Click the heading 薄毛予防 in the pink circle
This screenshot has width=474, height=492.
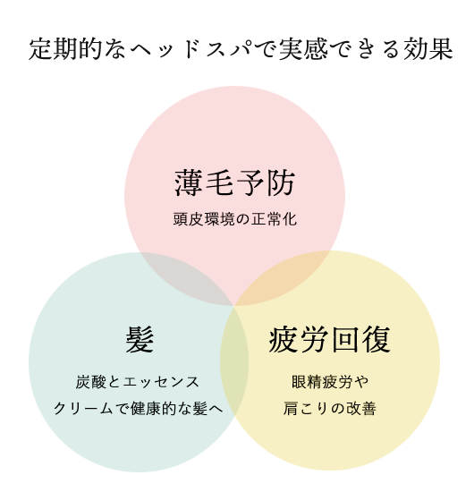(x=234, y=183)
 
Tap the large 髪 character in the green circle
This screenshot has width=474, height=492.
(x=140, y=339)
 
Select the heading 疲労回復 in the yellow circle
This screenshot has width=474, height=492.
(x=329, y=339)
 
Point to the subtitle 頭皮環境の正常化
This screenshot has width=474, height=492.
(x=234, y=219)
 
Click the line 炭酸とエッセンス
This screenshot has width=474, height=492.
(x=138, y=382)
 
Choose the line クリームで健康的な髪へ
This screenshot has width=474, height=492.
(x=139, y=408)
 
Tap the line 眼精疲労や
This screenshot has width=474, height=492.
(x=330, y=382)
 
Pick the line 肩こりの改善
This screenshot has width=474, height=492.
(x=330, y=408)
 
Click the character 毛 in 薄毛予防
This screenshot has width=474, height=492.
(x=219, y=183)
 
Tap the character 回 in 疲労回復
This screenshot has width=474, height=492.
(x=344, y=339)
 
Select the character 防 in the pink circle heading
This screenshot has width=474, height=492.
(x=281, y=183)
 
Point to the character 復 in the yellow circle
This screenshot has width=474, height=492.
(x=377, y=339)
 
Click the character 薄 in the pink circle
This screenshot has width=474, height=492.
(x=188, y=183)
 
